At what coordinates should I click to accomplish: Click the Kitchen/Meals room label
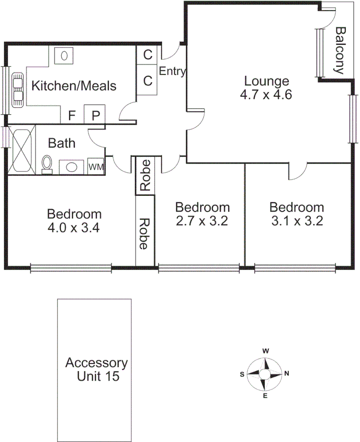(x=74, y=86)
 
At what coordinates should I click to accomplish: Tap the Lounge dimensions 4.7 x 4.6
(x=266, y=95)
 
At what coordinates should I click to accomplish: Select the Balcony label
(x=341, y=50)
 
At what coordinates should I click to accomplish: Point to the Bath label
(x=62, y=143)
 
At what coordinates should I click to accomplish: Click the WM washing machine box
(x=96, y=166)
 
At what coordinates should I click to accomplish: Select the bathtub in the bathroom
(x=21, y=150)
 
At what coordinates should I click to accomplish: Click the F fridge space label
(x=72, y=115)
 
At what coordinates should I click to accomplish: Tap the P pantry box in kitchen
(x=95, y=115)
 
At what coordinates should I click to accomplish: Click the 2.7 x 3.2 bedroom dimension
(x=202, y=221)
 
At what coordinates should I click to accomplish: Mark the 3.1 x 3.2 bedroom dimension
(x=297, y=221)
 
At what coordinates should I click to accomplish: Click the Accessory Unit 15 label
(x=96, y=369)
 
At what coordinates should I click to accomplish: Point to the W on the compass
(x=266, y=351)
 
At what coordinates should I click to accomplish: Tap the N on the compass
(x=287, y=374)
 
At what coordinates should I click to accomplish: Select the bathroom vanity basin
(x=71, y=166)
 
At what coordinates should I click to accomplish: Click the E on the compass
(x=265, y=396)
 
